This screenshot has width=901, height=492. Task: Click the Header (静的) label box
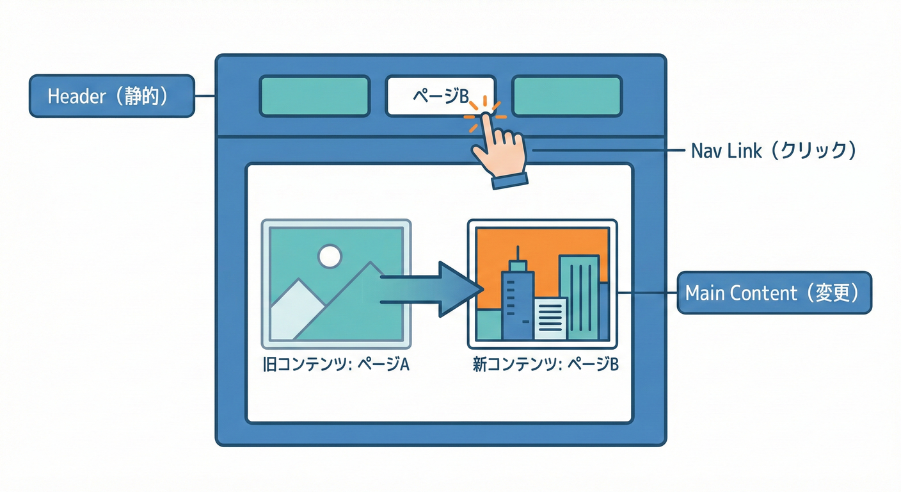coord(111,96)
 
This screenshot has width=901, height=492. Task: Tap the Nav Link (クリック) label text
coord(774,151)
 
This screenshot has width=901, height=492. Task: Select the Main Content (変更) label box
coord(774,293)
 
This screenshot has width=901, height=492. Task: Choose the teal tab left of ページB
coord(314,96)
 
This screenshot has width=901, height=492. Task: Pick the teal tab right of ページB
coord(567,96)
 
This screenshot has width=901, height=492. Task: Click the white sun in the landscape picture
coord(330,256)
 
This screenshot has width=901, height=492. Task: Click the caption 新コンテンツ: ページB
coord(546,365)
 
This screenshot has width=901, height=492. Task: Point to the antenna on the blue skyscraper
coord(518,252)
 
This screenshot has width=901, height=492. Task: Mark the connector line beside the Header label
coord(204,96)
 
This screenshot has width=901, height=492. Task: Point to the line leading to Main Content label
coord(646,293)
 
